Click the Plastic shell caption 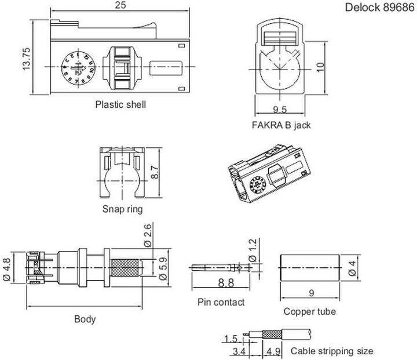pos(120,105)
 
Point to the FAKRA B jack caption pos(281,125)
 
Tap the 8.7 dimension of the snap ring pos(154,170)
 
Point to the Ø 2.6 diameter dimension pos(148,237)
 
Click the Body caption pos(85,319)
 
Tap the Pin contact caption pos(221,302)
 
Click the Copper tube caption pos(310,311)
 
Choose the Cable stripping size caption pos(332,351)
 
